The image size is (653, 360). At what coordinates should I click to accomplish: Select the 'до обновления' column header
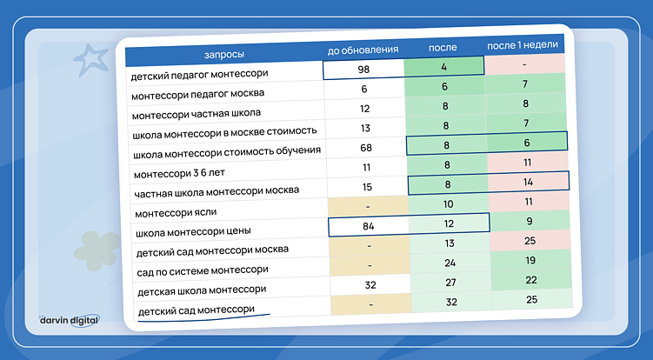click(x=363, y=50)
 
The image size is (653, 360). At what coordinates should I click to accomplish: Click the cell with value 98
click(x=363, y=68)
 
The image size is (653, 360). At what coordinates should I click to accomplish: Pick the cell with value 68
click(x=365, y=147)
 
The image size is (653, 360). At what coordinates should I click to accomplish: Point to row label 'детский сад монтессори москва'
click(x=201, y=251)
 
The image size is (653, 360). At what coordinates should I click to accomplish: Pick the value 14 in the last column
click(x=527, y=182)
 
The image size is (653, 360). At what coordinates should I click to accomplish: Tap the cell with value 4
click(x=445, y=66)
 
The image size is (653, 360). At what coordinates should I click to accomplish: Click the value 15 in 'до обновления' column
click(x=365, y=187)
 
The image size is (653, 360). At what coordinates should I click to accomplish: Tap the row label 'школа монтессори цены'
click(x=191, y=232)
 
